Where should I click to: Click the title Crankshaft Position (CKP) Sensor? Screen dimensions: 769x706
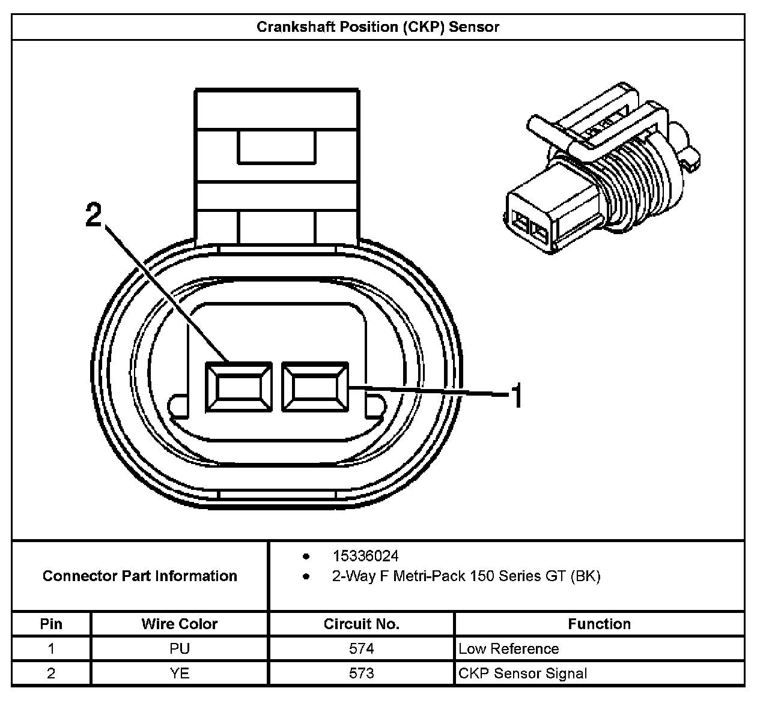(x=378, y=27)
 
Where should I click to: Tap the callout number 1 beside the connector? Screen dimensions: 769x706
(x=517, y=396)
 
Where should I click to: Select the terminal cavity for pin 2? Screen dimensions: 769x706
(x=239, y=387)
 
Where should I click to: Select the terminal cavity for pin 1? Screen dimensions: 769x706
(x=315, y=387)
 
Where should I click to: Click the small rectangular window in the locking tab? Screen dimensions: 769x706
(x=276, y=147)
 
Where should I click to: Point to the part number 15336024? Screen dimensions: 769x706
(x=365, y=556)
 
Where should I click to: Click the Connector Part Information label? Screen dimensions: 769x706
(x=140, y=576)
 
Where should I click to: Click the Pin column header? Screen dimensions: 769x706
(x=51, y=624)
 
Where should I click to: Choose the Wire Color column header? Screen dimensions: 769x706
(x=180, y=624)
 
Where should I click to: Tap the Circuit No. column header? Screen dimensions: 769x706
(x=362, y=624)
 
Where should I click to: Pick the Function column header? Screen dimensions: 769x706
(x=599, y=624)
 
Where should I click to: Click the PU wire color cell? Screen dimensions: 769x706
(x=180, y=648)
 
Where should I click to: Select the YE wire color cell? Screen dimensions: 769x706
(x=180, y=673)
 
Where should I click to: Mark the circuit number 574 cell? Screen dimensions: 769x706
(x=362, y=648)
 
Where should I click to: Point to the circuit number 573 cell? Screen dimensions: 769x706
(x=362, y=673)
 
